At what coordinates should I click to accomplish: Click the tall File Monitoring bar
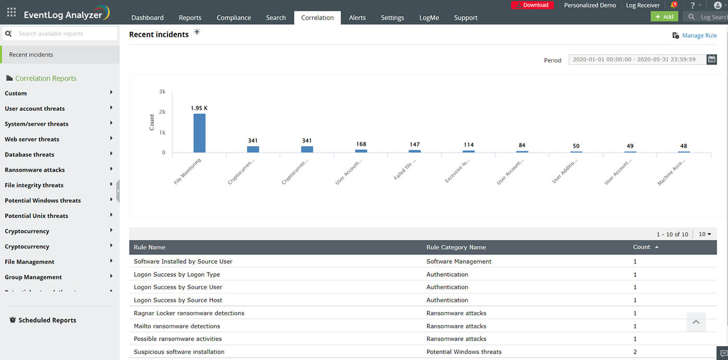click(200, 133)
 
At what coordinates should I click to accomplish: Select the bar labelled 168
click(361, 150)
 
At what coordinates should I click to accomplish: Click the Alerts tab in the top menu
click(357, 18)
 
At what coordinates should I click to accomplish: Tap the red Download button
click(532, 5)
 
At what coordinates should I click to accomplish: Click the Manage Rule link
click(699, 35)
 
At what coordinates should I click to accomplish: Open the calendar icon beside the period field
click(712, 59)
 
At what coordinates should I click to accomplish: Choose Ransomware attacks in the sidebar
click(35, 170)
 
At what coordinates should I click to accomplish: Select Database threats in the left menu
click(30, 155)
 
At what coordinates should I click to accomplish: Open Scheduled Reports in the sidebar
click(47, 320)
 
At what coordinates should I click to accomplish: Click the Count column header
click(642, 247)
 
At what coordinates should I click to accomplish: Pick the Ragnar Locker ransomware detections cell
click(189, 313)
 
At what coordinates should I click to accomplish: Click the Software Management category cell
click(459, 262)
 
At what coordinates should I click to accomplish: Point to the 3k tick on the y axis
click(162, 92)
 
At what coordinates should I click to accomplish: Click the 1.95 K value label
click(199, 108)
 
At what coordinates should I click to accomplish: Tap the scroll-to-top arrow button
click(696, 322)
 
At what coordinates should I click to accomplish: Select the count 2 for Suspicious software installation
click(635, 352)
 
